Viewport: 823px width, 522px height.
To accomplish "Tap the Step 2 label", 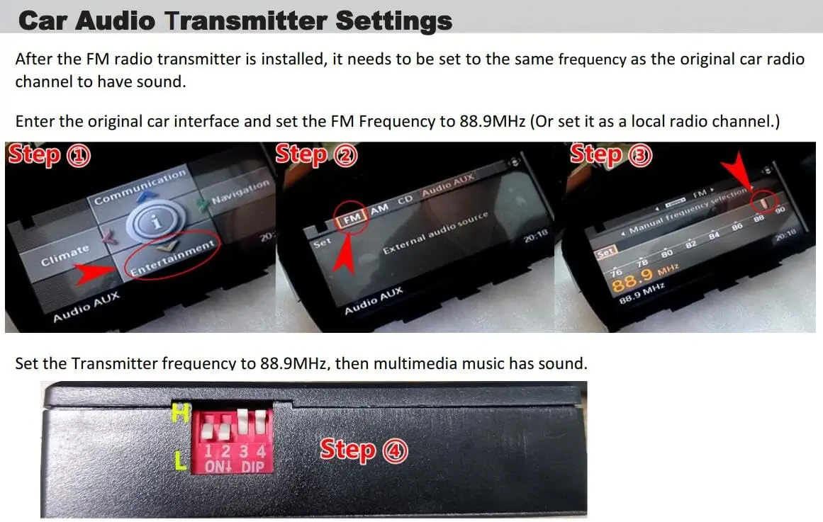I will pyautogui.click(x=316, y=155).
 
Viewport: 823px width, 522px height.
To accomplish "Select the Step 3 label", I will pyautogui.click(x=611, y=155).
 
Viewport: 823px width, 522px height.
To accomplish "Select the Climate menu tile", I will pyautogui.click(x=65, y=254).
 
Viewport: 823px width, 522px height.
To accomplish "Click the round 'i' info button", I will pyautogui.click(x=156, y=221).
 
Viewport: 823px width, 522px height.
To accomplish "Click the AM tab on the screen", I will pyautogui.click(x=380, y=208).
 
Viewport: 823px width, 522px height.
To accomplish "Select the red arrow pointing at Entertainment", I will pyautogui.click(x=96, y=273).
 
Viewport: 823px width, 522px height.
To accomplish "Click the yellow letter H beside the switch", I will pyautogui.click(x=181, y=414).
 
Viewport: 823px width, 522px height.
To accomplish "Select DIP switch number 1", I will pyautogui.click(x=209, y=430).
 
